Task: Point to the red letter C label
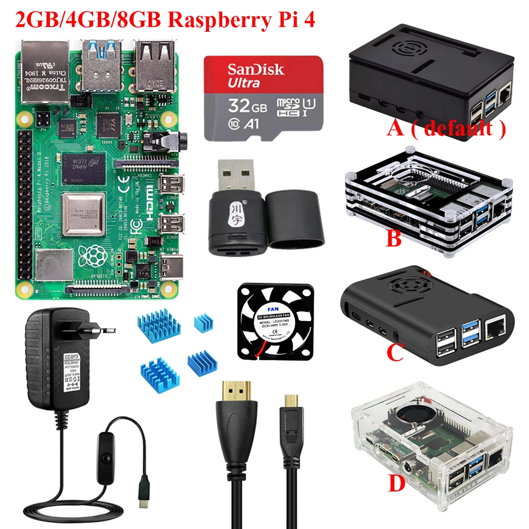point(396,352)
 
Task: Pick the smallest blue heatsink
point(203,321)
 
